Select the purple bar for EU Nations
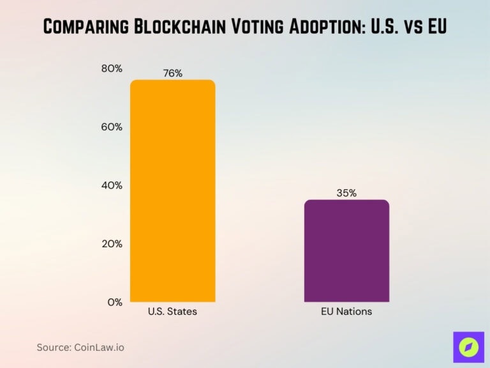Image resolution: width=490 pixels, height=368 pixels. (x=346, y=250)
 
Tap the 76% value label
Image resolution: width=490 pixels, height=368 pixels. (x=172, y=73)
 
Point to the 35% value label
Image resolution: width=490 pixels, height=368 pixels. (x=346, y=193)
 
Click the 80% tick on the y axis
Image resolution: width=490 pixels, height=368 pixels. (x=112, y=68)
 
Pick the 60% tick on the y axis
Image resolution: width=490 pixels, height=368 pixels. (x=112, y=126)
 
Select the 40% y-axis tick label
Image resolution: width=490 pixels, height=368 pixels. (x=112, y=185)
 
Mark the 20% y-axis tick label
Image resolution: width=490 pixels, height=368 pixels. (x=112, y=243)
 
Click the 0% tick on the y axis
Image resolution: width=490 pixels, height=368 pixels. (x=114, y=302)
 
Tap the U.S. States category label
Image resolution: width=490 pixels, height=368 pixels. (x=172, y=312)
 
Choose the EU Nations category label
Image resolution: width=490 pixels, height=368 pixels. (x=346, y=312)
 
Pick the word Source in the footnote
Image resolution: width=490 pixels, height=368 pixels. (x=54, y=347)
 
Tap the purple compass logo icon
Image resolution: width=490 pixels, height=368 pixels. (x=468, y=347)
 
